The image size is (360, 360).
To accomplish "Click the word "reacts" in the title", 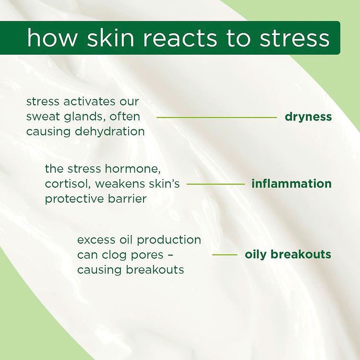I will (x=170, y=38).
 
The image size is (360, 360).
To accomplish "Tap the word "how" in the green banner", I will (x=50, y=38).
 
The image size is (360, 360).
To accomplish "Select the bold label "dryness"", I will (x=308, y=117).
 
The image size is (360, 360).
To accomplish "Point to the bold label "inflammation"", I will (x=291, y=184).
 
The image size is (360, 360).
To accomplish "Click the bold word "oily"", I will (x=256, y=254).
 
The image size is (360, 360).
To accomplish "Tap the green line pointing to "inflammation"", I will (x=216, y=184).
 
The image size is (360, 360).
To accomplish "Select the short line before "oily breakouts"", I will (x=225, y=255).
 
